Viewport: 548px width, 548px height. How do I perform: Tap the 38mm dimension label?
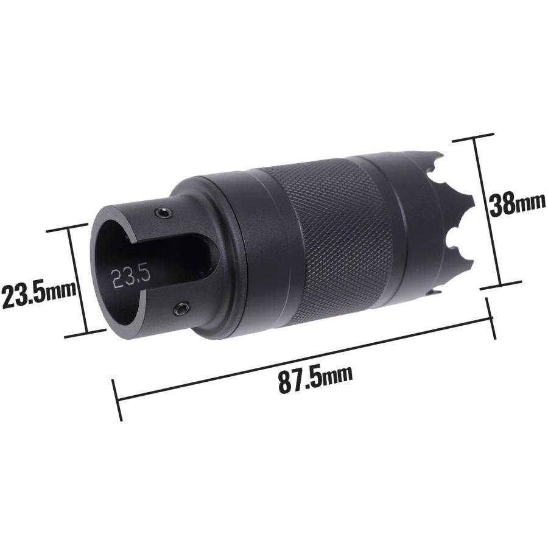coord(516,205)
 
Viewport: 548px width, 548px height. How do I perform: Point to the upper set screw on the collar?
coord(164,213)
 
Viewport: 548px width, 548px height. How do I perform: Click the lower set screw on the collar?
coord(182,308)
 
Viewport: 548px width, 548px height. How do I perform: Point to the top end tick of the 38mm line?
coord(473,137)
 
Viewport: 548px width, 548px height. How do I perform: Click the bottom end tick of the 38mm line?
coord(501,285)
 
